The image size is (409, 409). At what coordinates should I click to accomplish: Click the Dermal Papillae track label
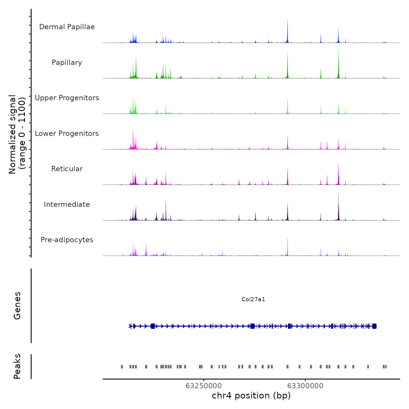click(67, 27)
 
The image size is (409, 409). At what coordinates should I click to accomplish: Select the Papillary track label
click(67, 63)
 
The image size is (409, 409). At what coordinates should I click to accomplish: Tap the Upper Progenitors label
click(67, 98)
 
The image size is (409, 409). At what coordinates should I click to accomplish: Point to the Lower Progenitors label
click(67, 134)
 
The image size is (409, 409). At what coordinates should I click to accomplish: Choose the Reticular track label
click(67, 169)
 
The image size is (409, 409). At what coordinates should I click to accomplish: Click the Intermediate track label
click(67, 204)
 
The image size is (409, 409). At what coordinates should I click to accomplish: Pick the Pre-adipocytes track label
click(67, 240)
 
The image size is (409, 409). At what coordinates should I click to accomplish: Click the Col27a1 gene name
click(253, 299)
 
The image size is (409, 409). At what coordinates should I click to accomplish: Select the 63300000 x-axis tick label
click(305, 386)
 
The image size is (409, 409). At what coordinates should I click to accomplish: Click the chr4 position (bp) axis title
click(251, 396)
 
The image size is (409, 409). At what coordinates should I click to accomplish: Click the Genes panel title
click(17, 306)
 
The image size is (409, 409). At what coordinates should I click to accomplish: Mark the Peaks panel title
click(17, 366)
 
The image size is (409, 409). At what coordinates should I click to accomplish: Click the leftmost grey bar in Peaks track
click(122, 366)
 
